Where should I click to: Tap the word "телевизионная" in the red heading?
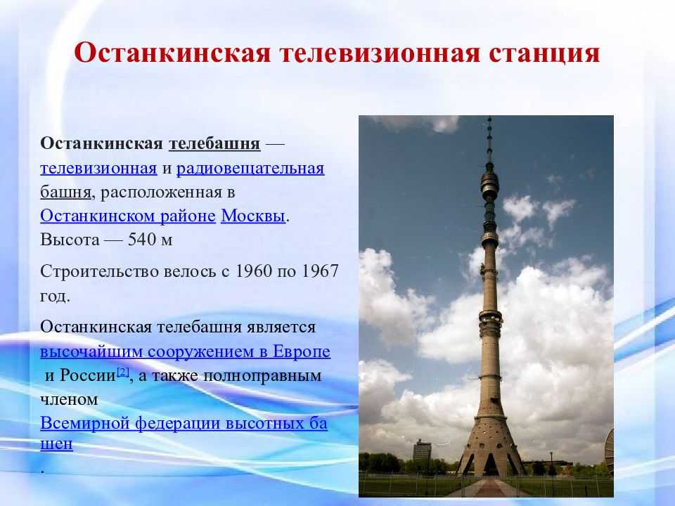(x=379, y=53)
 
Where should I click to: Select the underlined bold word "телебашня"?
(x=214, y=143)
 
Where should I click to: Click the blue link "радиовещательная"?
(x=250, y=168)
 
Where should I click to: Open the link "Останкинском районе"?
(x=128, y=216)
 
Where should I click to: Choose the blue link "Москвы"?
(x=253, y=216)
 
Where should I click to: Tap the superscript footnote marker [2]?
(x=122, y=372)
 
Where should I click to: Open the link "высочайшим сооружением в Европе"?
(x=185, y=351)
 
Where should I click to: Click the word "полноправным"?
(x=262, y=375)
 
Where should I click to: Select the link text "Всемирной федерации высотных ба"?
(x=184, y=423)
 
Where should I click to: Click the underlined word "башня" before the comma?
(x=65, y=192)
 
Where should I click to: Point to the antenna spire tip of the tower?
(x=489, y=117)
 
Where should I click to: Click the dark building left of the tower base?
(x=422, y=450)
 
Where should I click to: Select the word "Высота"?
(x=70, y=239)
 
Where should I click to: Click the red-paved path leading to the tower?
(x=489, y=488)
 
